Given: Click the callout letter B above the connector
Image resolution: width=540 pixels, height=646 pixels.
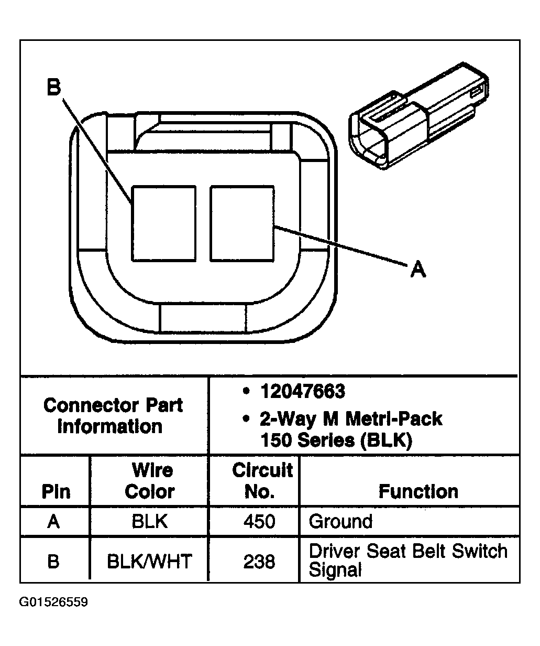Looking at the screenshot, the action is (x=54, y=87).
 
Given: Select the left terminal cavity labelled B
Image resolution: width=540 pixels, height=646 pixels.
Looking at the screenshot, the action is (x=164, y=223).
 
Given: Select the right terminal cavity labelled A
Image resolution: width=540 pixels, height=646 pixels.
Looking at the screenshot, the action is (x=242, y=223).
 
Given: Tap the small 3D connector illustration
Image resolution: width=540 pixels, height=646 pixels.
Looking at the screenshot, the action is (x=418, y=116).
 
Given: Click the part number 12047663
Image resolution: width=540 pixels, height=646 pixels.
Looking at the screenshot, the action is (x=303, y=391).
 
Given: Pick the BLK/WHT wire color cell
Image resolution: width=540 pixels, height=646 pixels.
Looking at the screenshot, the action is (x=150, y=561).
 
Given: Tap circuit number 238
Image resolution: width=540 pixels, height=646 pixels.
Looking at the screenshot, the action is (x=259, y=561).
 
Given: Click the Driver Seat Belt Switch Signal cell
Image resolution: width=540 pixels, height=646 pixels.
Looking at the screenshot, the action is (x=408, y=561).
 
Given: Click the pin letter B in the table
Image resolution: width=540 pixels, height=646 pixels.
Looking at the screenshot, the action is (x=53, y=561).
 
